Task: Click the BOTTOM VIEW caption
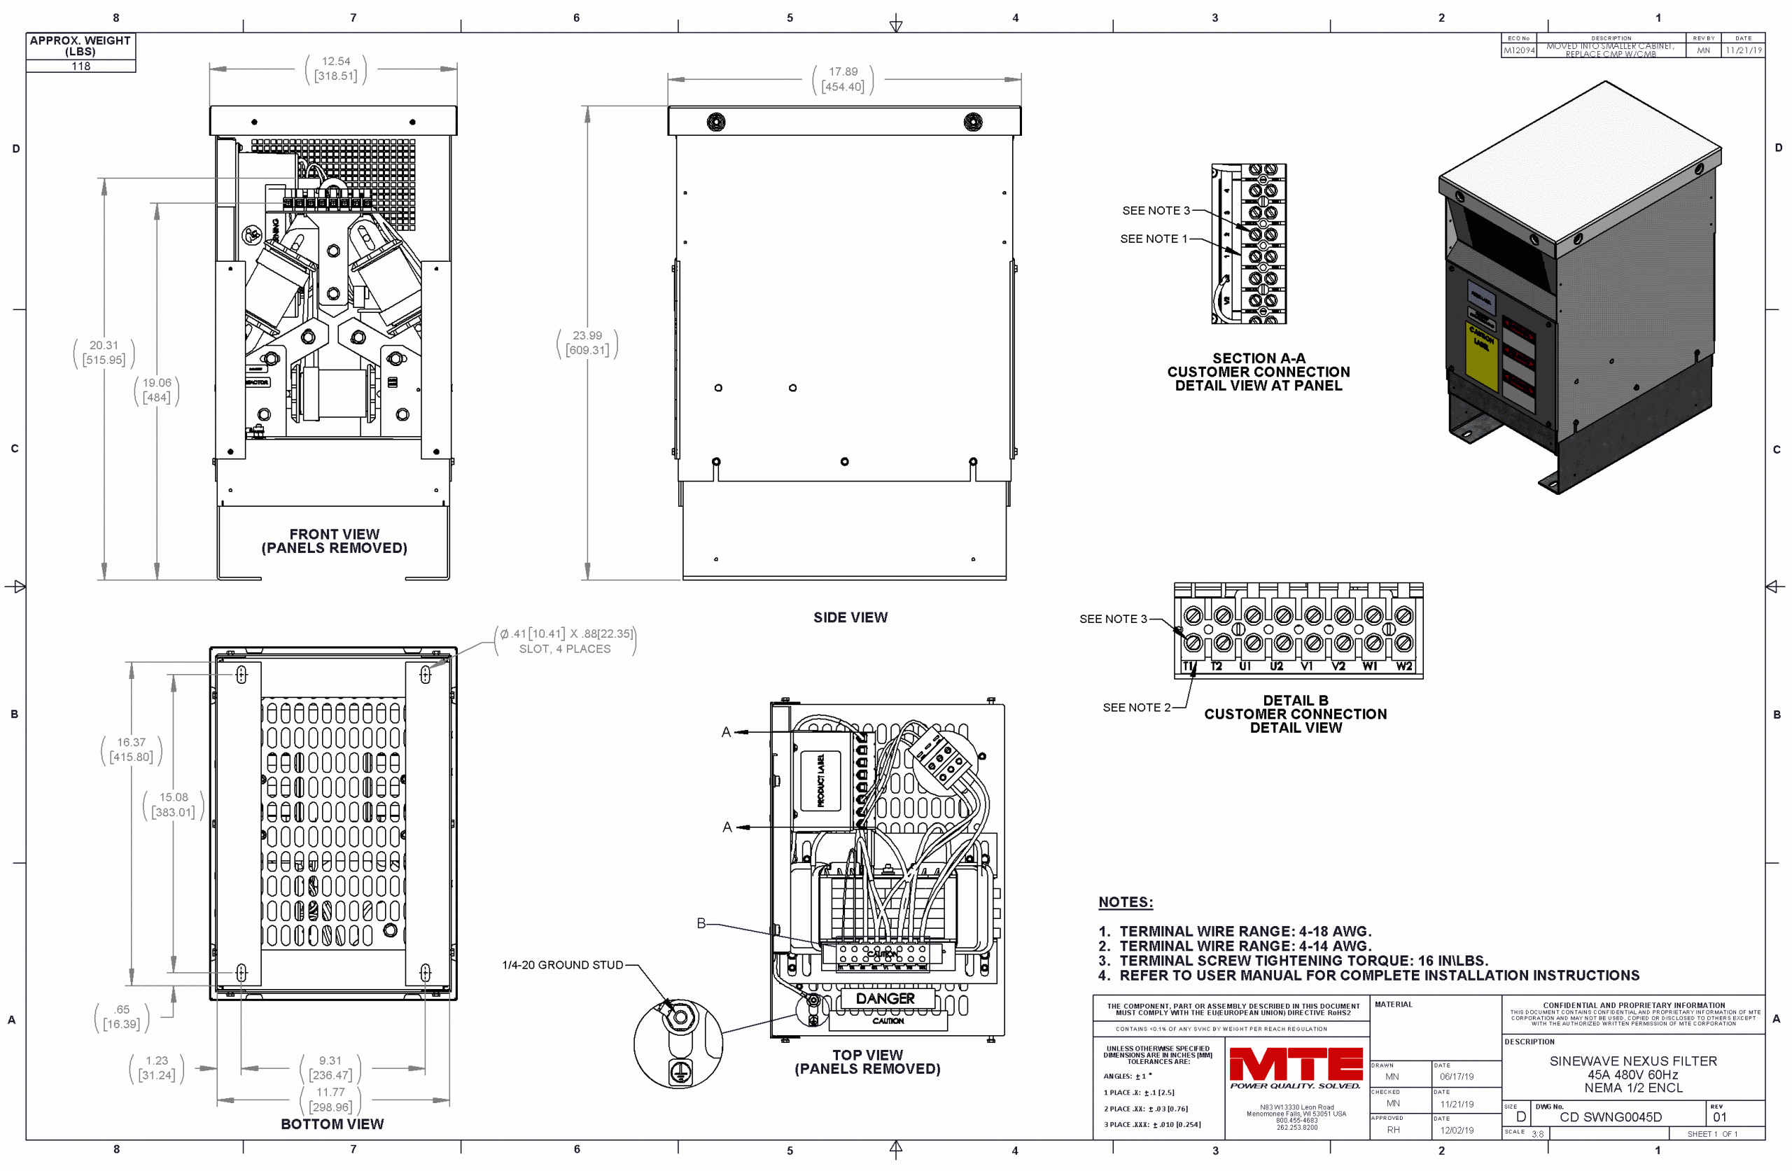(x=332, y=1123)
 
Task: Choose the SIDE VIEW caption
(x=850, y=617)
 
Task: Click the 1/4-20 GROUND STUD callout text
(x=562, y=965)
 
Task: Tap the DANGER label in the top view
(x=885, y=999)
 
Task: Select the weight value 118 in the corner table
(x=80, y=66)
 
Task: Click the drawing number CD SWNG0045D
(x=1610, y=1117)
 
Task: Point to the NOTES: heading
(x=1125, y=902)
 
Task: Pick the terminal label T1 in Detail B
(x=1188, y=666)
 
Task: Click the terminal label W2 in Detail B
(x=1403, y=666)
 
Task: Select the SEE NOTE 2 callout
(x=1136, y=707)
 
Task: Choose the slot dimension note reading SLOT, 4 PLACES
(x=565, y=649)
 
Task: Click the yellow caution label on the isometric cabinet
(x=1481, y=354)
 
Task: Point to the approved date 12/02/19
(x=1457, y=1130)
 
